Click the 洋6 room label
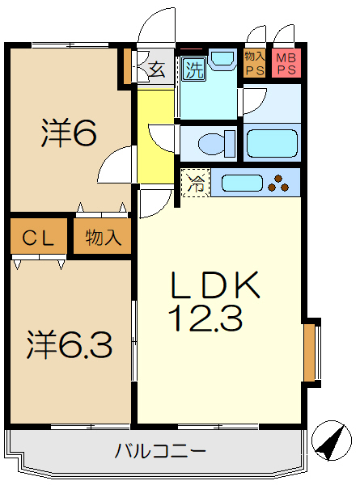click(69, 133)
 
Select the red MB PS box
click(286, 64)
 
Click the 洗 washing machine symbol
click(193, 70)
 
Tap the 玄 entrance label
click(156, 70)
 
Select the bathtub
click(272, 142)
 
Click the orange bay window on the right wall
click(309, 352)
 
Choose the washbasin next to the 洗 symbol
click(221, 62)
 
